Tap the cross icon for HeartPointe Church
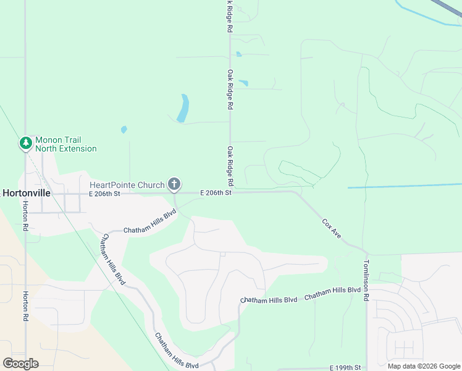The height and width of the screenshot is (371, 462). pos(175,184)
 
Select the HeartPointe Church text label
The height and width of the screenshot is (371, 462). pos(127,185)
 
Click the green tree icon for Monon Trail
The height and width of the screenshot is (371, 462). pos(25,144)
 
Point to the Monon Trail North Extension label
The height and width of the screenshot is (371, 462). pos(65,144)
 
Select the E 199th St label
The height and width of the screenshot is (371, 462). pos(345,367)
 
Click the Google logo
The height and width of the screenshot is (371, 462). pos(20,364)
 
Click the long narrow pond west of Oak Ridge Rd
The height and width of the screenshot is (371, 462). pos(183,108)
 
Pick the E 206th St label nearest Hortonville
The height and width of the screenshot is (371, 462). pos(103,194)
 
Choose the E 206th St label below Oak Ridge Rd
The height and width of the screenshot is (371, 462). pos(216,193)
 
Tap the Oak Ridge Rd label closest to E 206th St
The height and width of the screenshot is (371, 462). pos(230,166)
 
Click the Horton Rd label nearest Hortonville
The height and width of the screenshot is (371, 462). pos(25,216)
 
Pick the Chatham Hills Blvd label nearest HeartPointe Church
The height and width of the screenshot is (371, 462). pos(150,221)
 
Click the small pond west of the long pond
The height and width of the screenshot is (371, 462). pos(124,130)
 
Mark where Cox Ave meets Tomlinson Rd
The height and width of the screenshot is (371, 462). pos(366,253)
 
